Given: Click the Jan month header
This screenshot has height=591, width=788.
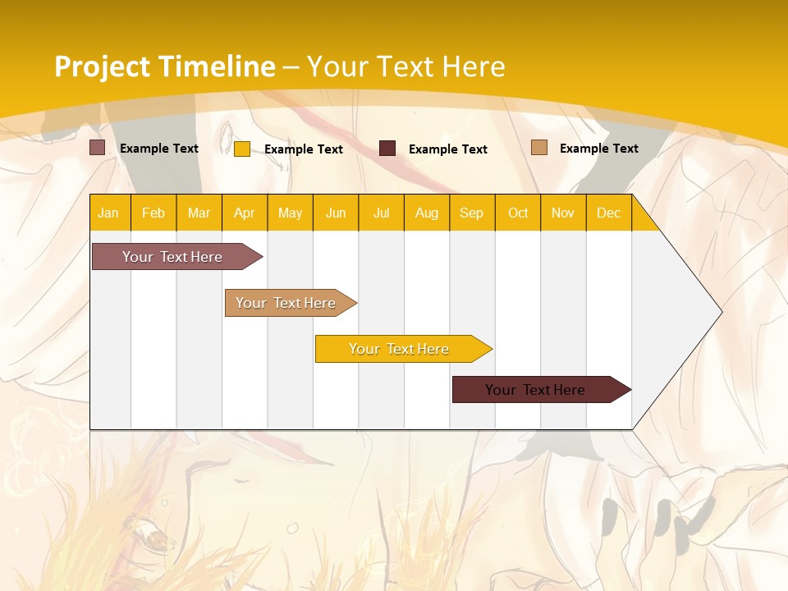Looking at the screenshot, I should pos(108,213).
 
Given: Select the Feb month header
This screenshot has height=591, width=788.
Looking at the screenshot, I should pos(153,213).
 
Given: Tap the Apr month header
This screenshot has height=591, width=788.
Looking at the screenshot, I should pos(245,213).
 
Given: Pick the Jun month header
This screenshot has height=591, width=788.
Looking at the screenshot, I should pos(336,213).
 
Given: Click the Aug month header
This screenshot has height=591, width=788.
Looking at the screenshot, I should pos(427,213).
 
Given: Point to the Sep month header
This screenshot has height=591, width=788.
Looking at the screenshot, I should pos(471,213).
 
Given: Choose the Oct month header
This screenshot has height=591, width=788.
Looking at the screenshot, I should pos(518,213).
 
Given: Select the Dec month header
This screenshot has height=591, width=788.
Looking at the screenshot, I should pos(609,213).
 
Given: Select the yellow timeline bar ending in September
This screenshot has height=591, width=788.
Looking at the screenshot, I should pos(400,349).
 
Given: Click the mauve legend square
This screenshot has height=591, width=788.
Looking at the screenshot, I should pos(98,148).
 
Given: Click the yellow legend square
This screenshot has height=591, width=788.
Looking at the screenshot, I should pos(242,149).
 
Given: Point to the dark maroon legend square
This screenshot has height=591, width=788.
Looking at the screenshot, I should pos(387,149).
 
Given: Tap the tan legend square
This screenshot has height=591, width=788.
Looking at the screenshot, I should pos(539,148).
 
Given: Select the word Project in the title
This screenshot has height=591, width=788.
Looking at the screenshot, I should pos(103,66).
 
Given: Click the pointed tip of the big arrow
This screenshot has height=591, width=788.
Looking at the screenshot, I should pos(719,312).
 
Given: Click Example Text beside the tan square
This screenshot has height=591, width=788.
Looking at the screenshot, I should pos(598,149).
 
